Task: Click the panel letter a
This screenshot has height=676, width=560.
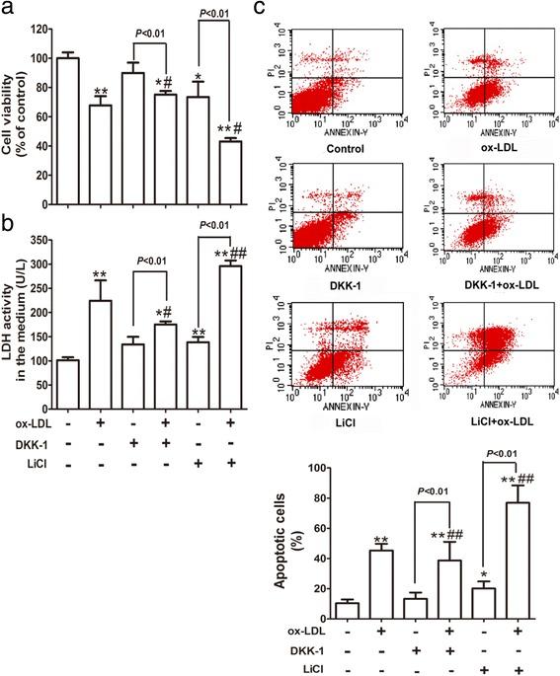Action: pos(7,10)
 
